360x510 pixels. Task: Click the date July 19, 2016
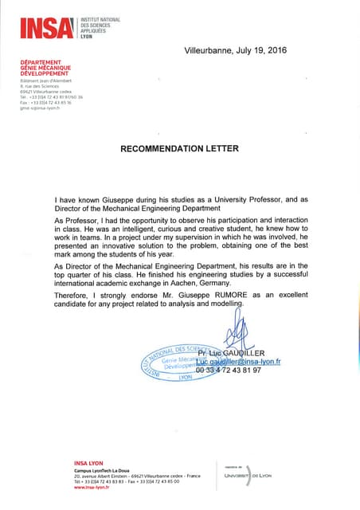[x=258, y=49]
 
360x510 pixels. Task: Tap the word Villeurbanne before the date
[x=208, y=49]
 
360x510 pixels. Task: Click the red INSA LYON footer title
[x=89, y=463]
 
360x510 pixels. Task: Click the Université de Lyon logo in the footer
[x=246, y=475]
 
